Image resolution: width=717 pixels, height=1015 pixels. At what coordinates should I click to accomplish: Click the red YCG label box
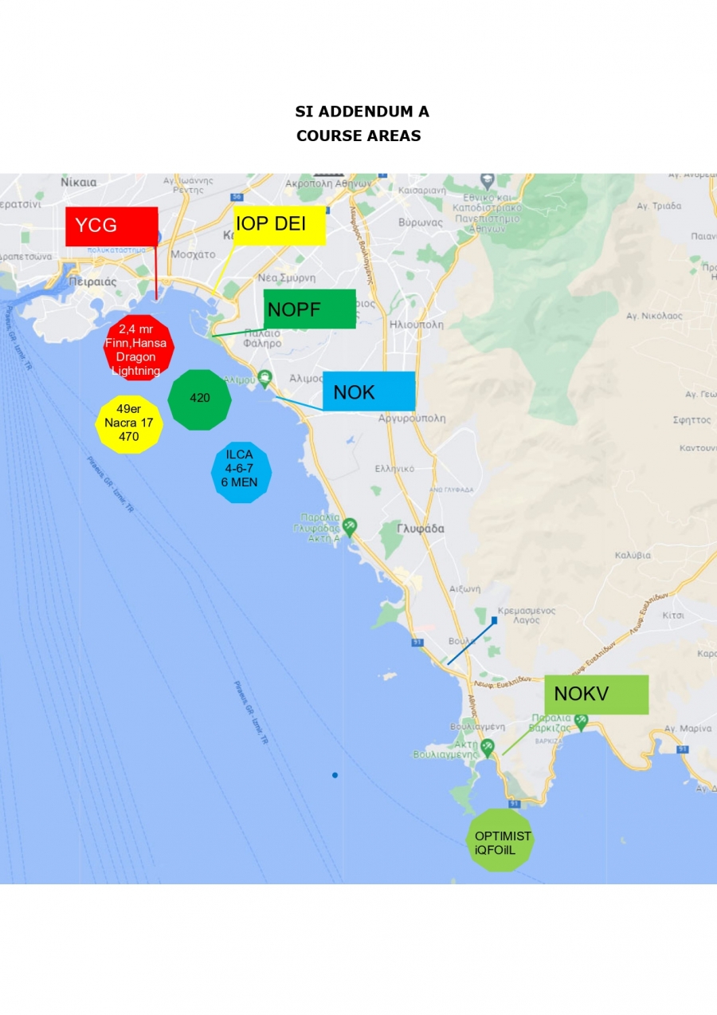[x=112, y=226]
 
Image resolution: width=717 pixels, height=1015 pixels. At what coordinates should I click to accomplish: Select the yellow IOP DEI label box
[x=279, y=225]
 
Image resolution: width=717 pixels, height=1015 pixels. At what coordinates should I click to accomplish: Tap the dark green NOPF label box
[x=309, y=309]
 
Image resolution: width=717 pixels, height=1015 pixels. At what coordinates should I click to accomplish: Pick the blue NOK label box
[x=368, y=391]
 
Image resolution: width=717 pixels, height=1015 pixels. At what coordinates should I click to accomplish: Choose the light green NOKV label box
[x=596, y=694]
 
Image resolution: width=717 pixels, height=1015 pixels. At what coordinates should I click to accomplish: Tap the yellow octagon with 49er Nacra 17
[x=129, y=423]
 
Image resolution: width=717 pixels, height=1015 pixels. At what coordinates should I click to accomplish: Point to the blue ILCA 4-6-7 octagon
[x=241, y=472]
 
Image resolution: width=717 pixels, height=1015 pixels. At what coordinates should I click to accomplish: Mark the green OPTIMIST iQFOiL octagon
[x=500, y=840]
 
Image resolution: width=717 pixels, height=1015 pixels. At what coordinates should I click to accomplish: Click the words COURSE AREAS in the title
[x=358, y=136]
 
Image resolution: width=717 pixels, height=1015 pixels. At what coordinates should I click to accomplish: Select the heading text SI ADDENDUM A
[x=362, y=112]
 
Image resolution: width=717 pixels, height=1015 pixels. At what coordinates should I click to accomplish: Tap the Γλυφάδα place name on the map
[x=421, y=529]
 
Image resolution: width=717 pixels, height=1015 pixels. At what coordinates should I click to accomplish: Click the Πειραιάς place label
[x=92, y=281]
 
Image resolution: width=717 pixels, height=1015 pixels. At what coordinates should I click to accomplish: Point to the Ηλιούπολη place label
[x=417, y=325]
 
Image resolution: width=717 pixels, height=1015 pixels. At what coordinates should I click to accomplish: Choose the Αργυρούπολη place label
[x=412, y=418]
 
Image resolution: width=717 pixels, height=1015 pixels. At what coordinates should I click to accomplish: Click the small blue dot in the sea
[x=335, y=775]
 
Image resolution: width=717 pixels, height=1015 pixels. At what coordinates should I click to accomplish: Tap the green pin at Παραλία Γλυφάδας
[x=350, y=526]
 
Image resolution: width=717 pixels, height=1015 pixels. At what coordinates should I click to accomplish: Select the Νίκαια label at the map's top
[x=78, y=182]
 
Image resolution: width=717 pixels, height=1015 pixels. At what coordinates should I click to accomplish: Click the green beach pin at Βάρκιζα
[x=581, y=721]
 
